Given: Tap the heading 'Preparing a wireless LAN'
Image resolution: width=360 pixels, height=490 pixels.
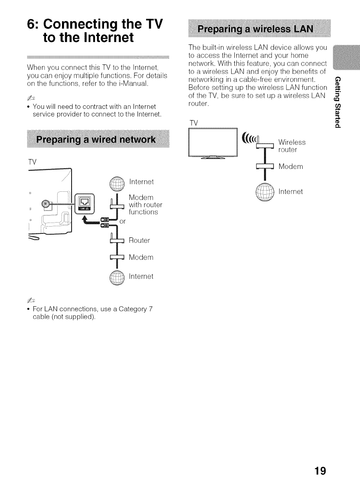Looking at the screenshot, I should (260, 31).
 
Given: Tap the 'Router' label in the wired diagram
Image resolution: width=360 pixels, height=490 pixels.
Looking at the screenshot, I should (139, 241).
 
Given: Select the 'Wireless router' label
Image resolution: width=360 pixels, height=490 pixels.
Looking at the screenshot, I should (292, 146).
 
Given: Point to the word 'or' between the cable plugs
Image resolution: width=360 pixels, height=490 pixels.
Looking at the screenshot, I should (123, 221).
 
